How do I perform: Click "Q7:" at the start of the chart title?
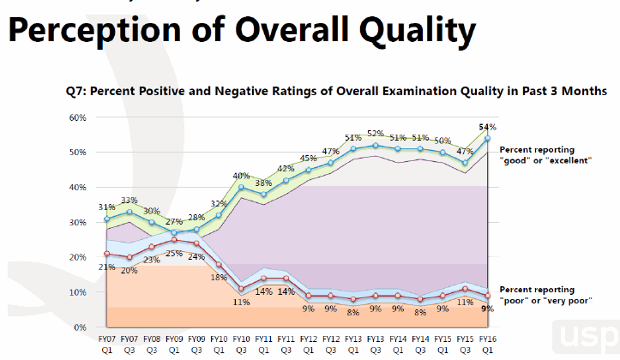click(x=79, y=90)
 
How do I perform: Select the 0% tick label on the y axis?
click(x=80, y=327)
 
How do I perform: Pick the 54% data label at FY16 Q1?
click(x=488, y=127)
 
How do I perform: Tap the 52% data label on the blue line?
click(x=376, y=134)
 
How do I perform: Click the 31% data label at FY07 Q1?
click(x=106, y=207)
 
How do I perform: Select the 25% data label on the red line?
click(x=173, y=253)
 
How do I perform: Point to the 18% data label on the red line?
click(x=219, y=277)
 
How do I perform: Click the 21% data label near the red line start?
click(x=105, y=267)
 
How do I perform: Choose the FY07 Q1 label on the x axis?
click(x=106, y=345)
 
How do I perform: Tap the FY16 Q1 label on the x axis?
click(x=487, y=345)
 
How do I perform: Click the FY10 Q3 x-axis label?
click(x=241, y=345)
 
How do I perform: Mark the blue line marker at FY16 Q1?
click(x=487, y=138)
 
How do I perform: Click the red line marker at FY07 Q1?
click(x=106, y=254)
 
